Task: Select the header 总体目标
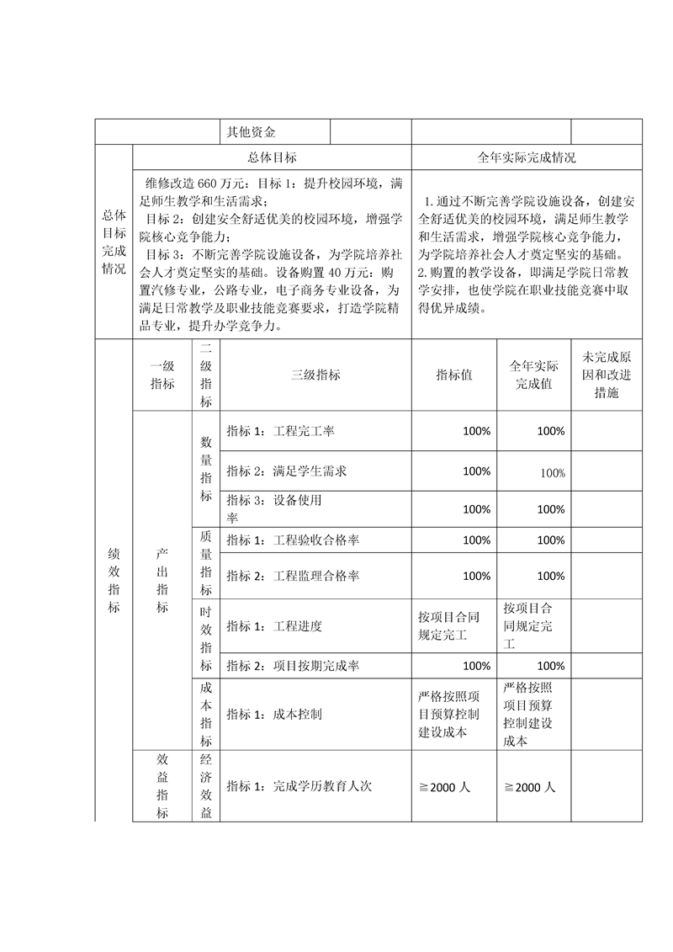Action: point(272,157)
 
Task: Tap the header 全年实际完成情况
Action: point(527,157)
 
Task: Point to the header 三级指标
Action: point(315,375)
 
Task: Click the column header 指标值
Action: point(454,375)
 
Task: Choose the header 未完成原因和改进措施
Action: point(606,375)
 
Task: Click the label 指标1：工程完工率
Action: point(280,431)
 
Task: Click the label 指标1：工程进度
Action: point(274,626)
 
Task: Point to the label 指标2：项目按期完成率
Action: point(293,666)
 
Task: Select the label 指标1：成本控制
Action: point(274,714)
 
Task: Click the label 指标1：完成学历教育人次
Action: point(299,787)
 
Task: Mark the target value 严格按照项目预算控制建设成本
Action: point(450,714)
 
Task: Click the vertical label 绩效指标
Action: point(114,580)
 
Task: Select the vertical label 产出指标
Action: point(162,580)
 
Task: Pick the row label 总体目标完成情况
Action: point(114,242)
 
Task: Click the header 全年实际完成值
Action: point(533,375)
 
